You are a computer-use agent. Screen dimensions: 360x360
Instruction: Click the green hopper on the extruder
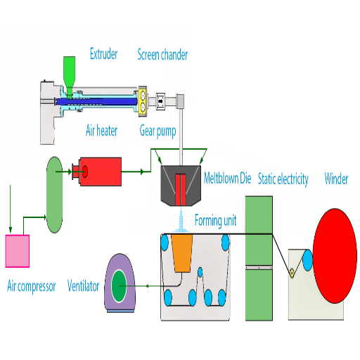pos(70,76)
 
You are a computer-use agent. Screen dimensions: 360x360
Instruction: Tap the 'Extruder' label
pos(103,53)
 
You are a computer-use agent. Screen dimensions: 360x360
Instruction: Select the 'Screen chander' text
pos(162,54)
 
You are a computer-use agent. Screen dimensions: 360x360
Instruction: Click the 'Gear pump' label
pos(157,131)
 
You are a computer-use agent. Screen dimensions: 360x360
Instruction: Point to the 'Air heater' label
pos(101,130)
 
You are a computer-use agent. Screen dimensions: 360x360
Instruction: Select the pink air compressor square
pos(18,251)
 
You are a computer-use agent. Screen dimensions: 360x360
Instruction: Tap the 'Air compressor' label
pos(32,286)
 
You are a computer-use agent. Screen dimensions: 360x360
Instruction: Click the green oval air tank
pos(54,195)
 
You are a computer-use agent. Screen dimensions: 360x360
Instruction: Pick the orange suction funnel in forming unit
pos(182,253)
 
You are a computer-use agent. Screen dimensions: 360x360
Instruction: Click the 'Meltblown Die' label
pos(227,178)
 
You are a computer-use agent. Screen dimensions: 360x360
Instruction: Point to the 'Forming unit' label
pos(215,221)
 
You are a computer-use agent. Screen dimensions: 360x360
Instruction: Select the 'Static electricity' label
pos(283,179)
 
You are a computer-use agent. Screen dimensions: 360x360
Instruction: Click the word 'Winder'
pos(336,179)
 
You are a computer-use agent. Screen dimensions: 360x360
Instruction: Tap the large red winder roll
pos(335,256)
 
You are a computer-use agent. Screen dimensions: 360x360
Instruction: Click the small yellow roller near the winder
pos(292,273)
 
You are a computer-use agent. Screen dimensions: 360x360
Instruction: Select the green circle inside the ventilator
pos(119,286)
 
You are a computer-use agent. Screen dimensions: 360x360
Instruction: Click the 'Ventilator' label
pos(83,286)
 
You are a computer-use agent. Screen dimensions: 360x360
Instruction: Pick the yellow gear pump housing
pos(143,101)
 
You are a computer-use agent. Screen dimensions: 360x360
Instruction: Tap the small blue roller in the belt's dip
pos(200,272)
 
